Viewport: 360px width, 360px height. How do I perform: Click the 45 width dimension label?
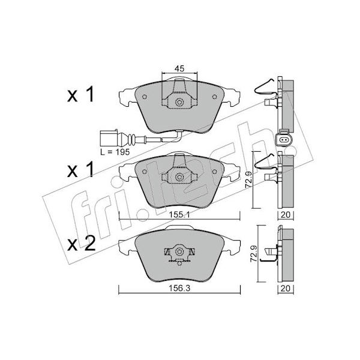click(x=179, y=68)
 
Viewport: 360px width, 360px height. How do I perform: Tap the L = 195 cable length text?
click(x=115, y=152)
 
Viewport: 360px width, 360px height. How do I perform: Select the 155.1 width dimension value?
click(x=179, y=215)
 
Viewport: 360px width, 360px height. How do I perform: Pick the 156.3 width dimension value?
click(x=180, y=289)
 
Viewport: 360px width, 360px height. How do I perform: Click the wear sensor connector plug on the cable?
click(x=109, y=138)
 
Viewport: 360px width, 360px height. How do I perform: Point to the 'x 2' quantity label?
click(x=81, y=244)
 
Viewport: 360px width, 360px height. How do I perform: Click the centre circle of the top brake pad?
click(x=179, y=102)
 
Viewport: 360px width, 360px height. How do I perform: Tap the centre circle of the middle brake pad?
click(x=179, y=177)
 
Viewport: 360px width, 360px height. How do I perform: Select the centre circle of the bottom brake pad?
click(x=179, y=251)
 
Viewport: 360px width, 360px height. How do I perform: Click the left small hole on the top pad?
click(x=145, y=97)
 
